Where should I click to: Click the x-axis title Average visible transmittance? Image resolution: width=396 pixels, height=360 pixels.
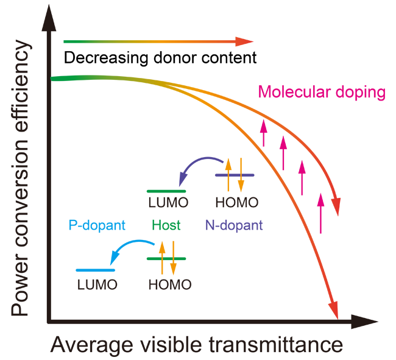click(x=197, y=345)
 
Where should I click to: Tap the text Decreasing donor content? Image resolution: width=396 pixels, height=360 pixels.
click(x=160, y=58)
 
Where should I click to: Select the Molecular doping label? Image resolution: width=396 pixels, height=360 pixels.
click(x=322, y=93)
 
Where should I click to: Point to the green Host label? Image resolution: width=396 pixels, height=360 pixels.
click(x=166, y=225)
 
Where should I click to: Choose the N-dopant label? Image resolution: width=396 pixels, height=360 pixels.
click(x=234, y=225)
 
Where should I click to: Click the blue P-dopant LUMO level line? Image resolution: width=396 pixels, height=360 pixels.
click(x=96, y=270)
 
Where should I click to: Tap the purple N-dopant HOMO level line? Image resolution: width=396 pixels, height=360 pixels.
click(x=235, y=175)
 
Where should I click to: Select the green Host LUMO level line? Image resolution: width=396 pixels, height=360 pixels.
click(x=166, y=191)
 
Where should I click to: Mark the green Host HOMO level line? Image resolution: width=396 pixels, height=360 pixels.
click(x=166, y=258)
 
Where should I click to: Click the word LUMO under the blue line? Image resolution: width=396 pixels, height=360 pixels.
click(x=97, y=284)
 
